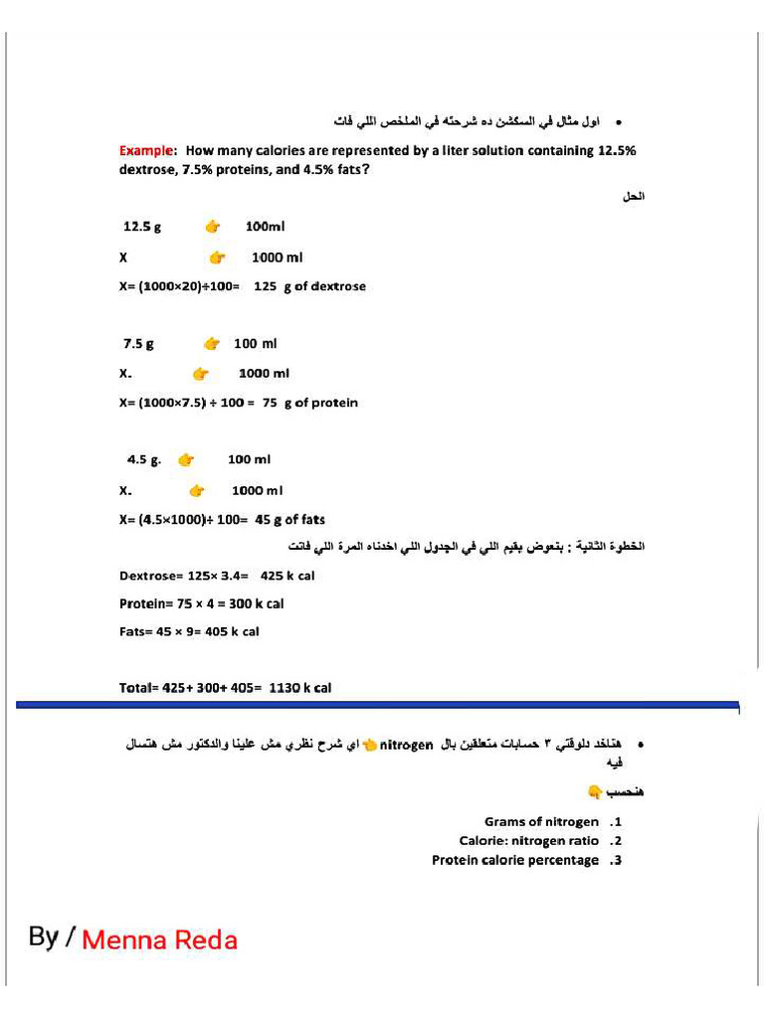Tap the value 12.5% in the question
coord(616,151)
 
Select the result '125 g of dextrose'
coord(309,286)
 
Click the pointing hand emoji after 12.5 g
coord(212,227)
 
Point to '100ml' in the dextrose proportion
coord(266,227)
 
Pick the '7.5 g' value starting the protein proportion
coord(138,344)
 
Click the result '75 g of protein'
coord(309,403)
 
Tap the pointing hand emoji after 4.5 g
coord(185,460)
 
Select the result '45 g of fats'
coord(289,519)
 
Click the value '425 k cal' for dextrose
coord(287,576)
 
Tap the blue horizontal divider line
coord(378,704)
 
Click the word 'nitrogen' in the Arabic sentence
coord(408,745)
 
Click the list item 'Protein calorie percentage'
coord(515,860)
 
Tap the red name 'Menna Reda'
coord(159,939)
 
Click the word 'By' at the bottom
coord(44,936)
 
